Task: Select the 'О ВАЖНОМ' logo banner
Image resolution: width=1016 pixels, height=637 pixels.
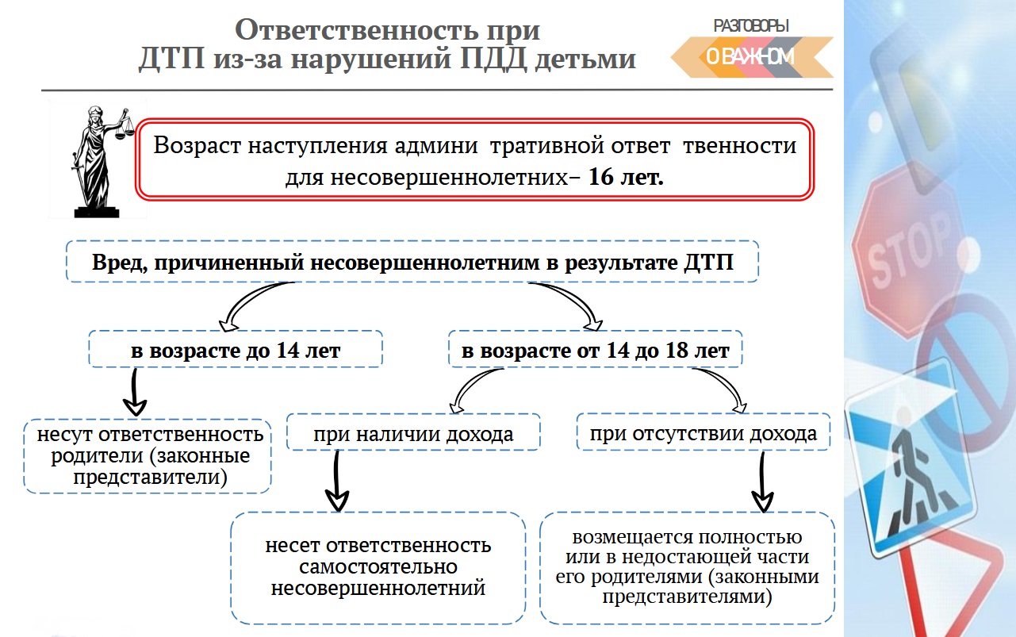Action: pos(749,57)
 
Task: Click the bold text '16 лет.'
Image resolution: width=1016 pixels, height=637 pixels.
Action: pos(626,177)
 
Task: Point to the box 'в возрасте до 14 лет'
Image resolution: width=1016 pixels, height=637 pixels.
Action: pos(236,350)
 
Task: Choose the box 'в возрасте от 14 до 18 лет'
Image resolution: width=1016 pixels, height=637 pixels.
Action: pos(595,350)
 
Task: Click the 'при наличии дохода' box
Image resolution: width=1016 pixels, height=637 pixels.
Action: pos(412,434)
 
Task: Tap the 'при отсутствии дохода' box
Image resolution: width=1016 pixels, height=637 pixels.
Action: pos(703,434)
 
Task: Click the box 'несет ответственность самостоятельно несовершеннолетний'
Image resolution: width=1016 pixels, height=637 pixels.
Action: pos(378,567)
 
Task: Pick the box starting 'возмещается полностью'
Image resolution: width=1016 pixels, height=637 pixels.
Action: pos(687,567)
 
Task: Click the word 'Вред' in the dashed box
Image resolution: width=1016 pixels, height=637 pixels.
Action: pos(114,263)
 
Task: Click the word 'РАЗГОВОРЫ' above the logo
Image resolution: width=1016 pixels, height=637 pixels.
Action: pos(751,25)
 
